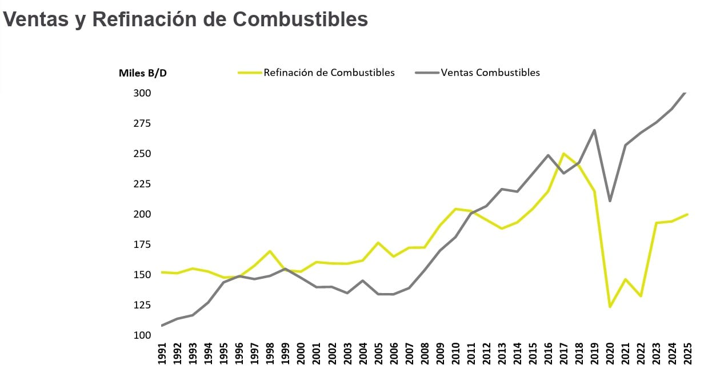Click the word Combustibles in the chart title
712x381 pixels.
tap(299, 19)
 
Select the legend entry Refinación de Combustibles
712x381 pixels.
tap(329, 73)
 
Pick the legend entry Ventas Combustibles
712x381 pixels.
tap(490, 73)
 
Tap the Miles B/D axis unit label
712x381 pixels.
tap(143, 73)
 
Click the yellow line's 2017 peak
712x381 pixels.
tap(564, 154)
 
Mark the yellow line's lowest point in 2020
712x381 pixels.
tap(610, 307)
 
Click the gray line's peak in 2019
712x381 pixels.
tap(595, 130)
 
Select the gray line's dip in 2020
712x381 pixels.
tap(610, 201)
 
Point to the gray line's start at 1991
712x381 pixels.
tap(162, 326)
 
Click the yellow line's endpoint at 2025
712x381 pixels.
tap(687, 214)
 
